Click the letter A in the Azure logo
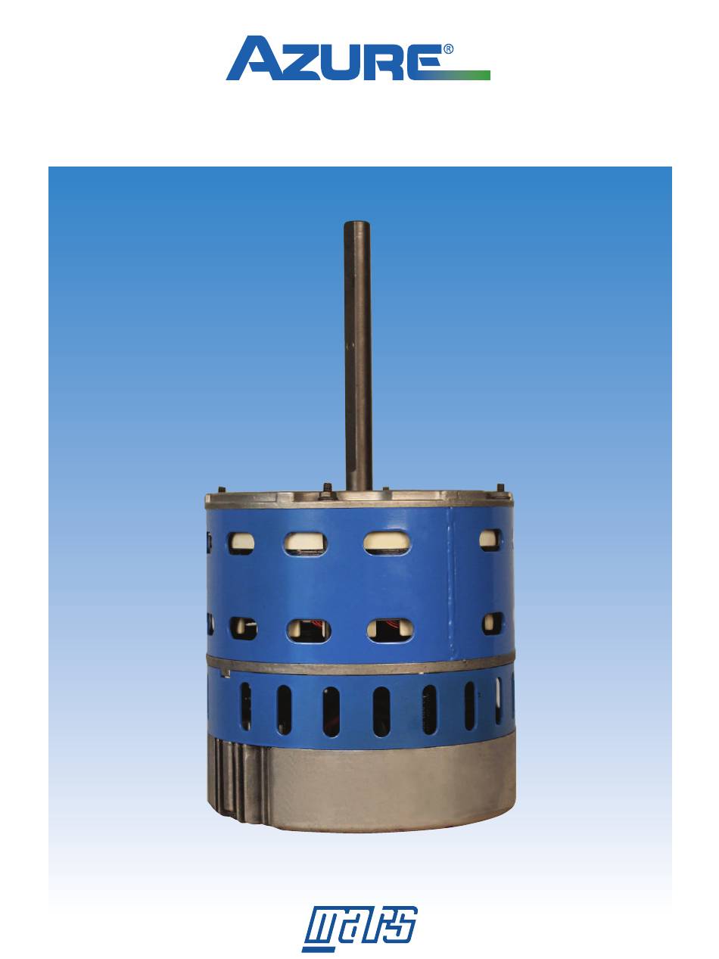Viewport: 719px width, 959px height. point(254,58)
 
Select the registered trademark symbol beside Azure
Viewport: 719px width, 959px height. point(448,49)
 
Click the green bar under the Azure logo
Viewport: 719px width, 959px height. point(465,75)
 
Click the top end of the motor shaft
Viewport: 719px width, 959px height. point(357,224)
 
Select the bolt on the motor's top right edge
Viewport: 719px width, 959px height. point(500,488)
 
